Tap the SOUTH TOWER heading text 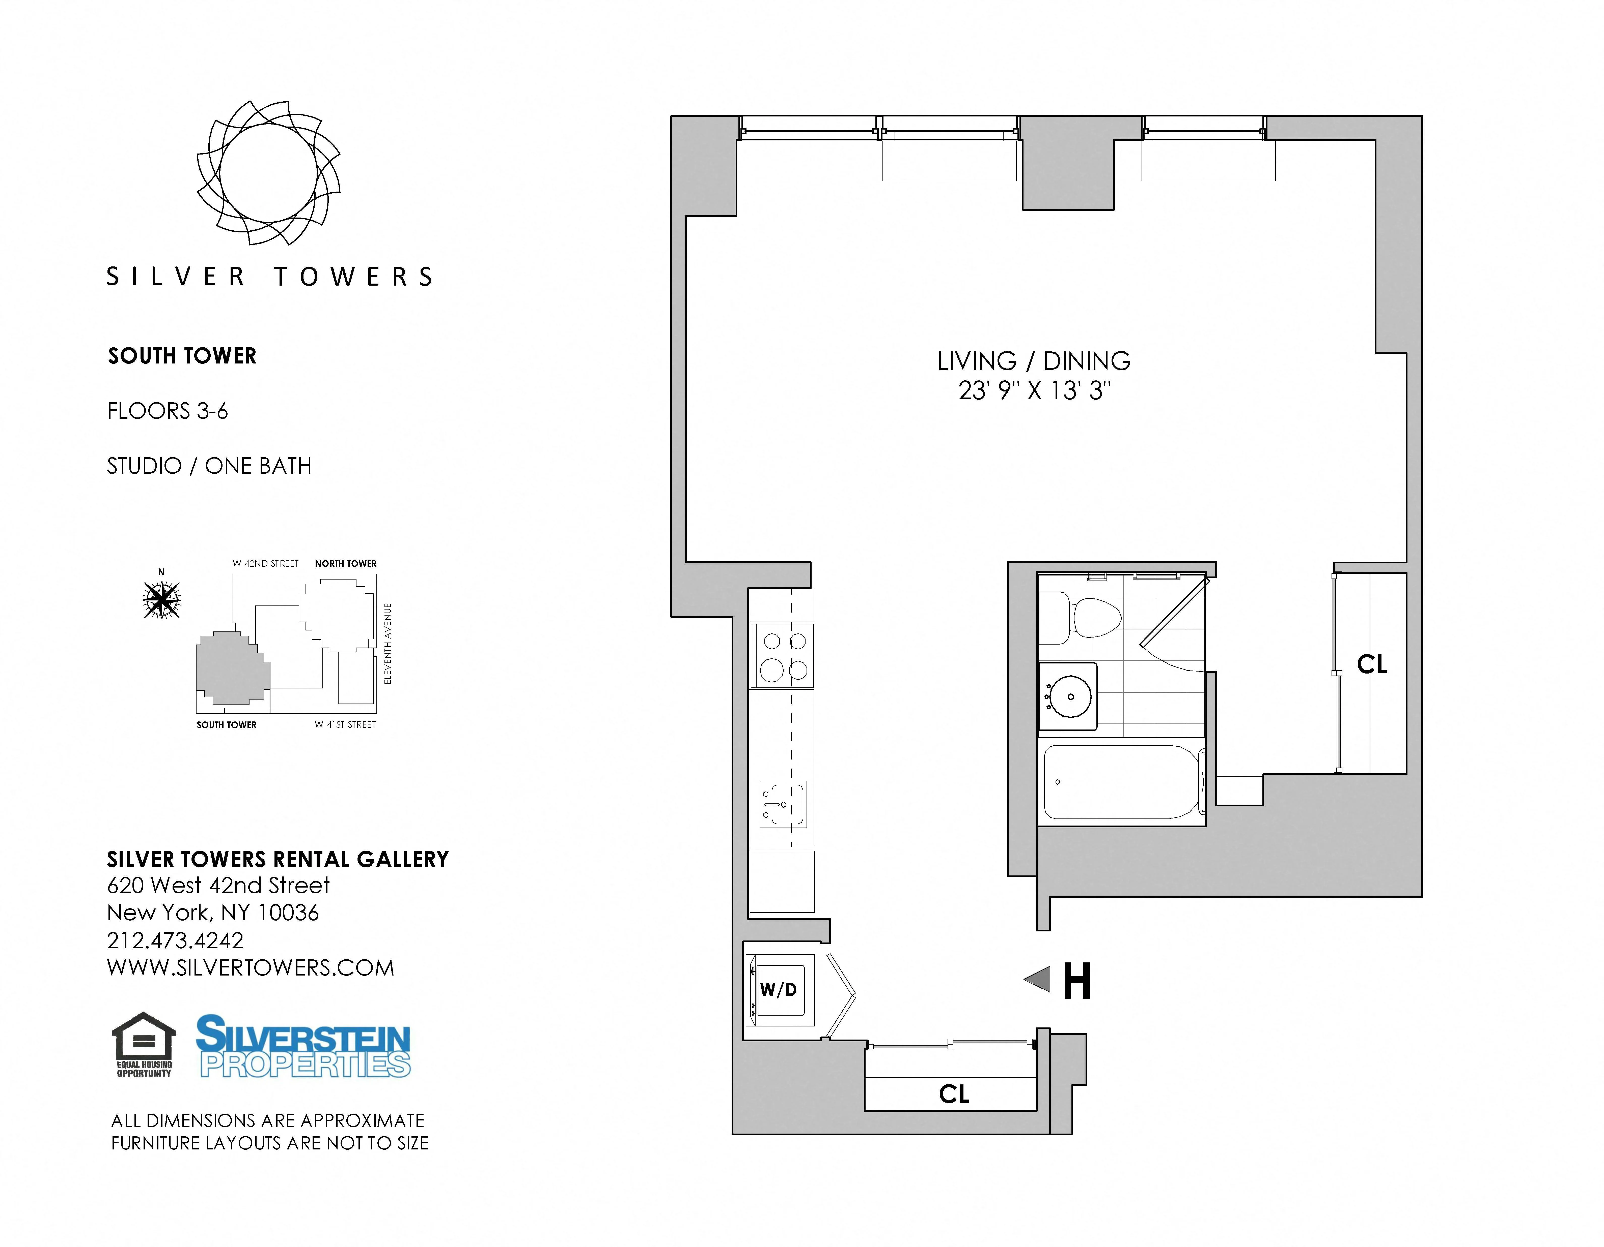(182, 356)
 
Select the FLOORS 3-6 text (168, 411)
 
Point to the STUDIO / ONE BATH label (209, 466)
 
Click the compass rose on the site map (161, 600)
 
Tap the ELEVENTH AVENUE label (388, 644)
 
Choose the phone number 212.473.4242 (175, 940)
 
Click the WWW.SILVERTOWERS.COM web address (251, 968)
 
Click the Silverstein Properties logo (303, 1046)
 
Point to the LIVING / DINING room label (1033, 361)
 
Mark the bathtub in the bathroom (1121, 782)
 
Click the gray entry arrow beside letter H (1038, 979)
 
